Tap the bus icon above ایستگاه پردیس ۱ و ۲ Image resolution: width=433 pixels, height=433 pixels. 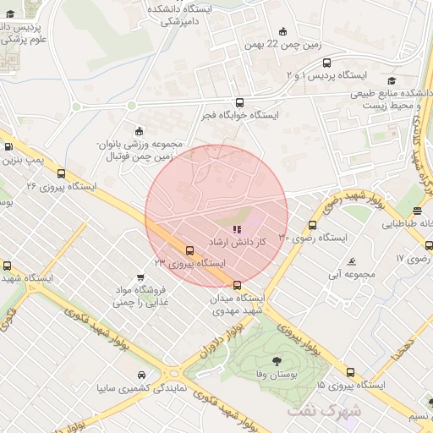coord(327,62)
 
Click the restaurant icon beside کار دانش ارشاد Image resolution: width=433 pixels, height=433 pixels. coord(237,228)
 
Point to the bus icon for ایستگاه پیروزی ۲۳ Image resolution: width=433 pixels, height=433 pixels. coord(189,251)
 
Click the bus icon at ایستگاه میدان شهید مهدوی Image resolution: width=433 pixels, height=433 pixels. coord(237,284)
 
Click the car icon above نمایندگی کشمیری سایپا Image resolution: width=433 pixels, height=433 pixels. coord(140,375)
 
